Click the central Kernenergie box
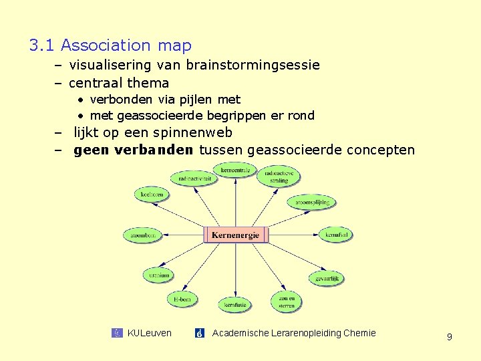point(235,235)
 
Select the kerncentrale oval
point(234,170)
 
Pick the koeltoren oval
point(152,195)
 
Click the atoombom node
point(142,235)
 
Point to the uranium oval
point(159,275)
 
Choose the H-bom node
point(182,299)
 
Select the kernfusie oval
point(235,305)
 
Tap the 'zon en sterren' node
point(287,302)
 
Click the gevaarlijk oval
point(326,278)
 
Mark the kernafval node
point(336,235)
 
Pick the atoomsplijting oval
point(312,201)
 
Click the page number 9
point(449,337)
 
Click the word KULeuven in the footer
point(149,333)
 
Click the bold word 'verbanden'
point(154,150)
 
